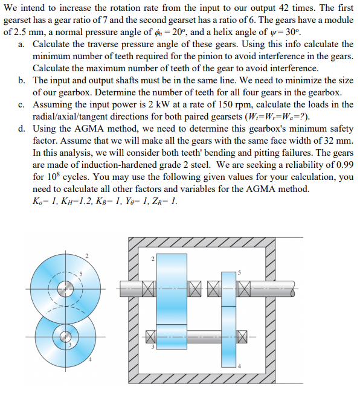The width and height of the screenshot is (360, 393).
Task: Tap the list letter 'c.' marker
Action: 22,104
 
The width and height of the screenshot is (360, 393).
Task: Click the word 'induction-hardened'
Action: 123,165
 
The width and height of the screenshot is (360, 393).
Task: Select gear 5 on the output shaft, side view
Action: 229,284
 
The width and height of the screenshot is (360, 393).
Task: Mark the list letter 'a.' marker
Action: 22,44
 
